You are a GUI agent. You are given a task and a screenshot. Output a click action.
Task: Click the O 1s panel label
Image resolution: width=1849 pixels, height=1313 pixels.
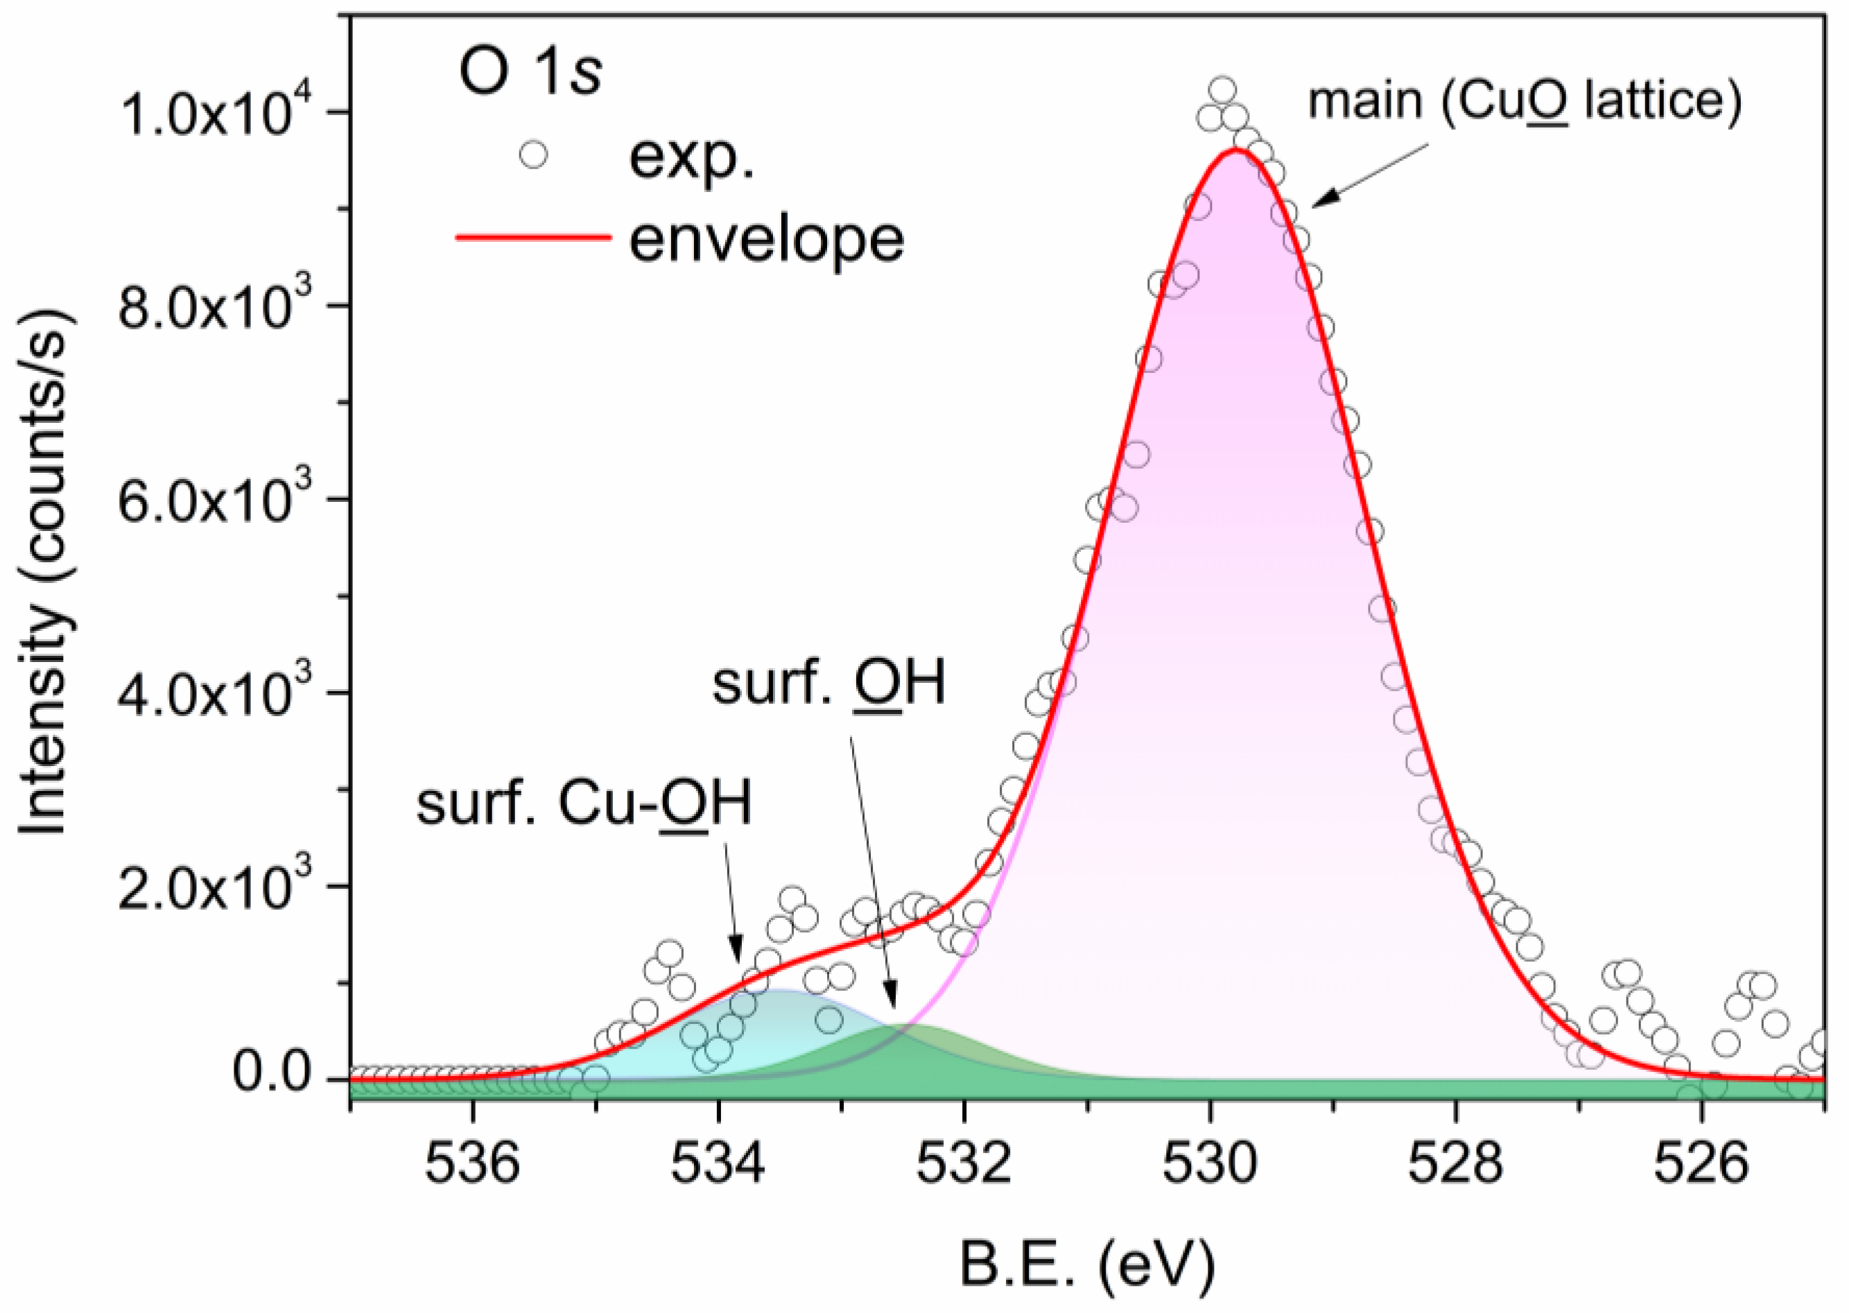click(530, 73)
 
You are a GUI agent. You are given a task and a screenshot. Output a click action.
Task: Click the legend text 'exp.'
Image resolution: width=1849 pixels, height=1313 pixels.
click(691, 157)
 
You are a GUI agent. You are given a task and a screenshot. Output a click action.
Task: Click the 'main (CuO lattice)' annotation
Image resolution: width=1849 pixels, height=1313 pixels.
click(1524, 103)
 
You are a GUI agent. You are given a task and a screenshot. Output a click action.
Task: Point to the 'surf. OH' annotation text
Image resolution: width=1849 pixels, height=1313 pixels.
click(828, 683)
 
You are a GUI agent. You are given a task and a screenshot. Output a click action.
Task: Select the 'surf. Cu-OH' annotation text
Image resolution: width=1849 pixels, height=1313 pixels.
click(584, 803)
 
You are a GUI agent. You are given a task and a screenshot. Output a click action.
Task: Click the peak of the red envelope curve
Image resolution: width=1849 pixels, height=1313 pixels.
click(1235, 150)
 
